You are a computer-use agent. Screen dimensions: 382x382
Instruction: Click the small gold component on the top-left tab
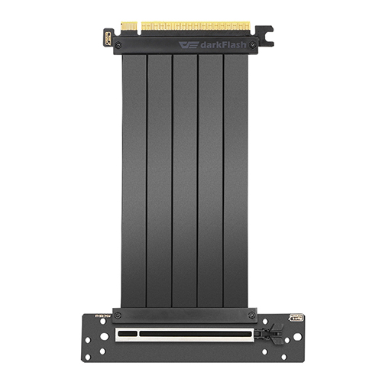[107, 37]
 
